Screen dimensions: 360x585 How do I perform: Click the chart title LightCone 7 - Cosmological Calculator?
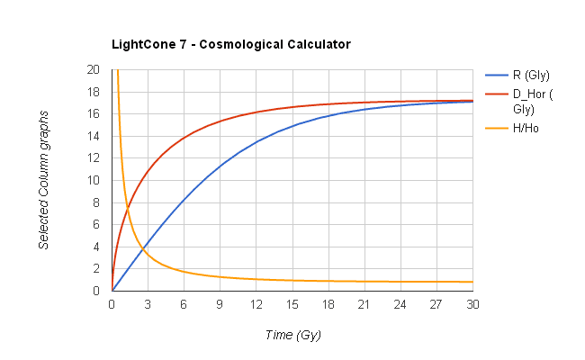pos(230,43)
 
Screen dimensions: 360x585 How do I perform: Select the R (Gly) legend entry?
pos(531,75)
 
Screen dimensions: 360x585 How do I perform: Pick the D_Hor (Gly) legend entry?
pos(531,100)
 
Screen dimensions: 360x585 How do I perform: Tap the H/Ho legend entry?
pos(526,128)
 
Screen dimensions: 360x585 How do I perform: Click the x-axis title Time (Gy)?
pos(292,335)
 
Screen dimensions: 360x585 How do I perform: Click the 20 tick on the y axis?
pos(94,69)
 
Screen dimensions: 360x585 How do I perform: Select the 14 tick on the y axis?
pos(94,136)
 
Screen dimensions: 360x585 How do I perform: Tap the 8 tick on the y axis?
pos(97,202)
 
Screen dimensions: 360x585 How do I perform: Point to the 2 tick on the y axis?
pos(97,269)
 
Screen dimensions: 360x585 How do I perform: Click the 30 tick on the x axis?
pos(472,304)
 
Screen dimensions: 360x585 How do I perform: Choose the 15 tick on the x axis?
pos(292,304)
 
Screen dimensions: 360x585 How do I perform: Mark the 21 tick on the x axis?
pos(364,304)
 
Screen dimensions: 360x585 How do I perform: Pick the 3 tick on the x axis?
pos(148,304)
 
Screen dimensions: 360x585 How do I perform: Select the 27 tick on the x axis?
pos(436,304)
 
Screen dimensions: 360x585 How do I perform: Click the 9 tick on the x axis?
pos(220,304)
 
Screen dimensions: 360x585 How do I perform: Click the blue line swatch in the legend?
pos(497,75)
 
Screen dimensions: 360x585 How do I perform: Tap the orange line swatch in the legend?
pos(497,128)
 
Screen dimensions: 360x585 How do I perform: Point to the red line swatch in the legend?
pos(497,93)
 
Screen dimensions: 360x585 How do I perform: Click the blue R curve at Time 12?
pos(256,142)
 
